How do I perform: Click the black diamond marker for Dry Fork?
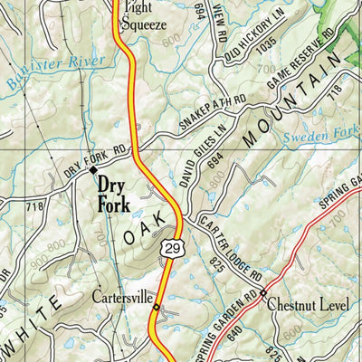pyautogui.click(x=91, y=168)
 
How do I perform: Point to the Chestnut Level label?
pyautogui.click(x=308, y=305)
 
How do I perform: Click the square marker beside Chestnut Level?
pyautogui.click(x=263, y=293)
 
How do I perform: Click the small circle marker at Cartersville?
pyautogui.click(x=156, y=308)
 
